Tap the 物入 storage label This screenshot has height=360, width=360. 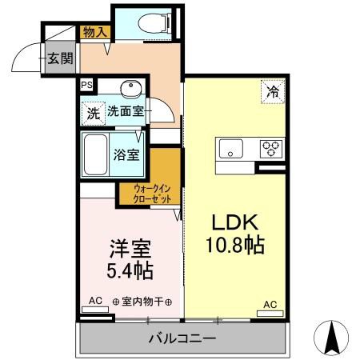coord(96,32)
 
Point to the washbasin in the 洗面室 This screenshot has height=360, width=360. coord(130,89)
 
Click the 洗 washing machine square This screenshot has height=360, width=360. coord(94,114)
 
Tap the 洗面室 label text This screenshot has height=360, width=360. coord(126,113)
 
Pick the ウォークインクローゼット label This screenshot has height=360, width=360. coord(146,193)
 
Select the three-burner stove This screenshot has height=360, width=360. coord(271,148)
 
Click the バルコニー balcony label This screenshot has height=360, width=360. coord(183,339)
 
